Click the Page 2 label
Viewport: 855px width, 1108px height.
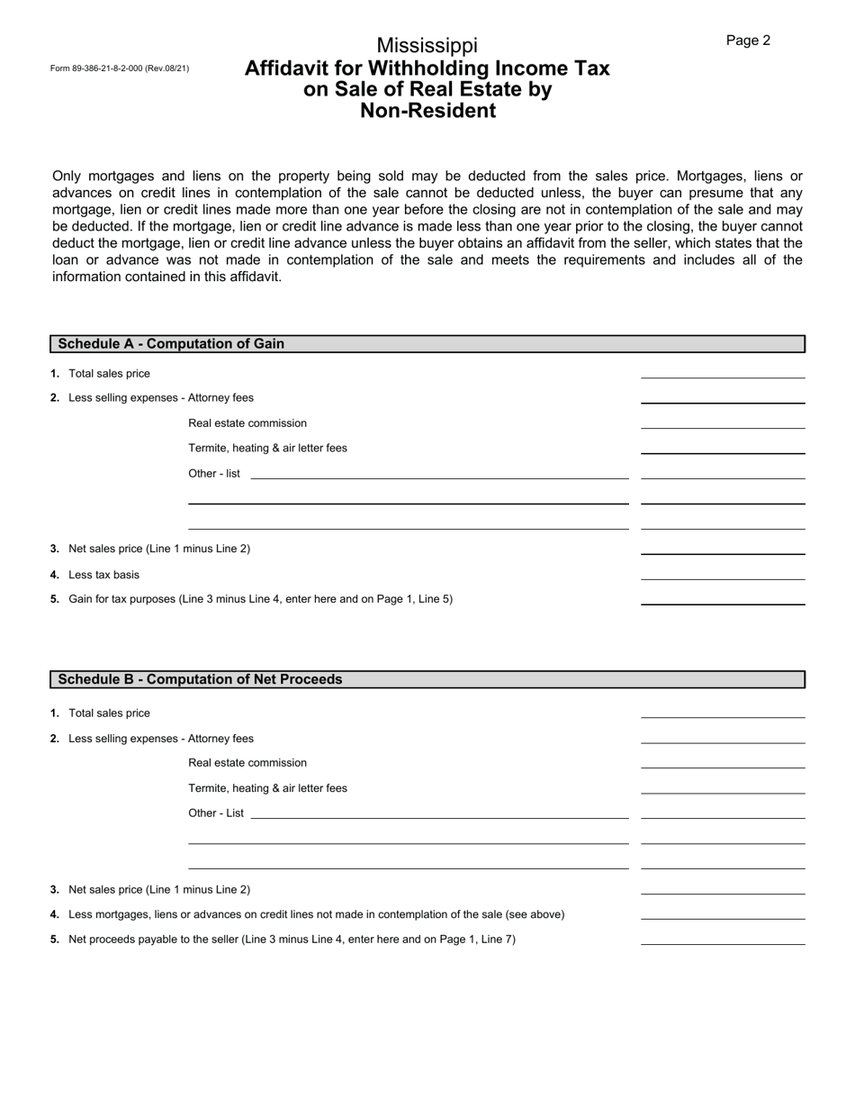[x=748, y=41]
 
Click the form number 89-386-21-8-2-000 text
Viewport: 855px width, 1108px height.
[x=120, y=68]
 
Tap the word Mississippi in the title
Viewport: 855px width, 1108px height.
[x=427, y=45]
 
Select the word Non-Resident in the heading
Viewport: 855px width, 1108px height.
[x=427, y=111]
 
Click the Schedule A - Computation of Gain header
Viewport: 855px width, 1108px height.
[x=171, y=343]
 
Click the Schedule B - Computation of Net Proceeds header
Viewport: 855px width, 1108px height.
[x=200, y=679]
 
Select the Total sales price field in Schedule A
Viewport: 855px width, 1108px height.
[x=722, y=371]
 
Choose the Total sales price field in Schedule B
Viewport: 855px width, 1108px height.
[x=722, y=711]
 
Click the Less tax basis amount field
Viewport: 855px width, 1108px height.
[x=722, y=572]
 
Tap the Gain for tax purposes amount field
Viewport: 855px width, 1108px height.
[x=722, y=596]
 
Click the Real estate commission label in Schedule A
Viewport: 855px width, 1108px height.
[x=247, y=423]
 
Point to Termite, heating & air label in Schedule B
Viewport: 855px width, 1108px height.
[x=267, y=788]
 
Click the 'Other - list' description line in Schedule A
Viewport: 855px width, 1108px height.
[x=439, y=472]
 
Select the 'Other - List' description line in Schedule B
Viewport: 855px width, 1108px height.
[x=439, y=812]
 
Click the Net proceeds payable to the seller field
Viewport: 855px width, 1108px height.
[x=722, y=937]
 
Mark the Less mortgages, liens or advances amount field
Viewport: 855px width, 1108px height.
[x=722, y=912]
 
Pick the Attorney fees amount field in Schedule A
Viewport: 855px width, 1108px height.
[x=722, y=395]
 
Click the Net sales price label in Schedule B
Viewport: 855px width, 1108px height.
[x=159, y=890]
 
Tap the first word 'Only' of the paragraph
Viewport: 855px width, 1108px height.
[x=67, y=177]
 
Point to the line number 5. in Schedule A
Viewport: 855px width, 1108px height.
[x=55, y=599]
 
